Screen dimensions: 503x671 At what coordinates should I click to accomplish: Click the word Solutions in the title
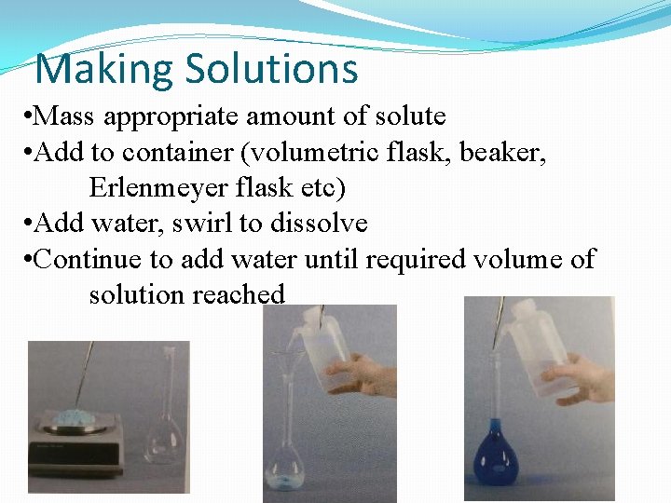tap(271, 70)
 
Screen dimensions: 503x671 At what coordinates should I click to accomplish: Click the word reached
tap(239, 294)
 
